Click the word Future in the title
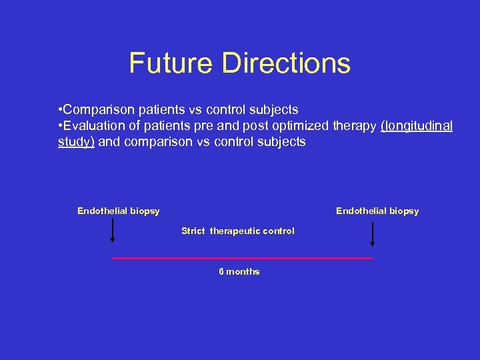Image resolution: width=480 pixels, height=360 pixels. [172, 63]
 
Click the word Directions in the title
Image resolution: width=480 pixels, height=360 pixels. [287, 63]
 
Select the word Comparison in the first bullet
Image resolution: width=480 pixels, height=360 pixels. [98, 109]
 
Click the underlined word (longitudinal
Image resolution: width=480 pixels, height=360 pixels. [417, 126]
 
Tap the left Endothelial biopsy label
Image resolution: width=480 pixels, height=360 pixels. [119, 211]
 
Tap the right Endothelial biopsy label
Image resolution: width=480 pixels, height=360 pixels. [377, 211]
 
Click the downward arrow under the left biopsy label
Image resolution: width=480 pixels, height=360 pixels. [113, 233]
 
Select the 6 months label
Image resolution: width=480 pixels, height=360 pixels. [239, 272]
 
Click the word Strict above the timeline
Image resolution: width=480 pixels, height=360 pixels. [193, 231]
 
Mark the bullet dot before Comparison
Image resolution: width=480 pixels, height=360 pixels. [61, 109]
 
